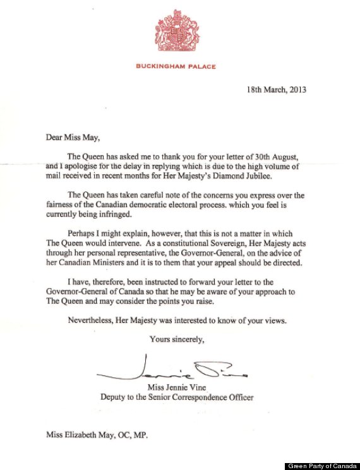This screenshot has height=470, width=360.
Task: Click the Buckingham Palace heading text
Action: (x=180, y=64)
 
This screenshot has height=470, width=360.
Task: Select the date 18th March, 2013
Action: (x=276, y=90)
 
